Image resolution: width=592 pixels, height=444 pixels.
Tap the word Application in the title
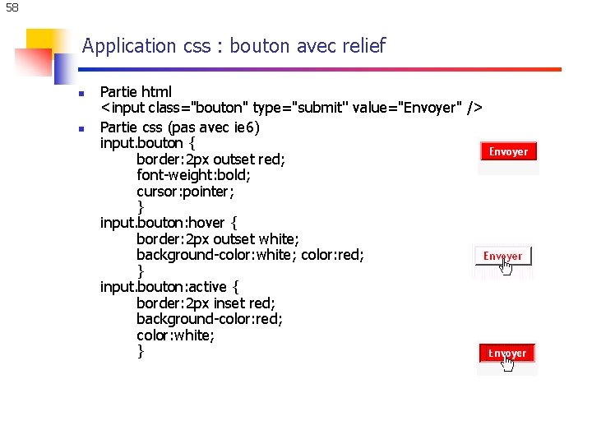click(x=129, y=46)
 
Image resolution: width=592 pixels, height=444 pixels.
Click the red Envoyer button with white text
click(x=508, y=151)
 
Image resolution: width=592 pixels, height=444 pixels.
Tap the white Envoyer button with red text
click(x=502, y=256)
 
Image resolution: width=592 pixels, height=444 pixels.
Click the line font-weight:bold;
click(x=193, y=175)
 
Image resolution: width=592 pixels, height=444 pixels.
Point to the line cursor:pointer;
click(x=185, y=192)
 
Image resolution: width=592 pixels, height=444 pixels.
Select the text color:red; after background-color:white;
click(x=332, y=255)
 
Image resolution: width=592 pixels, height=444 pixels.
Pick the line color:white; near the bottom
click(x=175, y=335)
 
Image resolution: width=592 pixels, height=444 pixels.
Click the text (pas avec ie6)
click(x=214, y=127)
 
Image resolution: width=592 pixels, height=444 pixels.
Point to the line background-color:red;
click(x=210, y=319)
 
